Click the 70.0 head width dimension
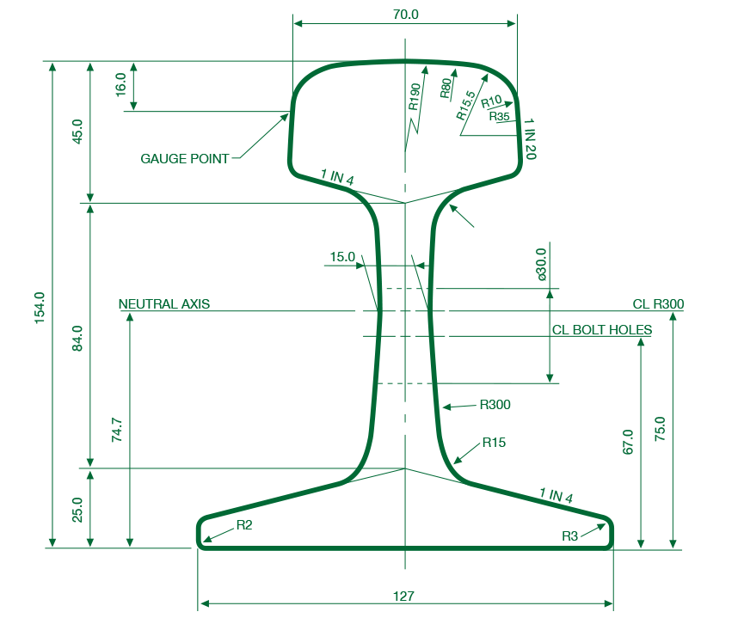(x=406, y=15)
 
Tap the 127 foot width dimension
(x=403, y=596)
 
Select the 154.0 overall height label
(x=40, y=309)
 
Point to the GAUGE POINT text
(x=185, y=158)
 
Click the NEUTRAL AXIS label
(x=164, y=303)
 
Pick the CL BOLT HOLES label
(x=602, y=330)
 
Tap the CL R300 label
(x=658, y=303)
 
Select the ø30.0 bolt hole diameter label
(x=541, y=264)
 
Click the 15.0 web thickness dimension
(x=342, y=257)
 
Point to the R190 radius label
(x=415, y=97)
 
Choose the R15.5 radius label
(x=465, y=106)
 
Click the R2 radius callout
(x=244, y=524)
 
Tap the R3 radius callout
(x=570, y=536)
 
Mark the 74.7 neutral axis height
(x=117, y=430)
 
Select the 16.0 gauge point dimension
(x=120, y=85)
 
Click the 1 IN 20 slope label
(x=530, y=139)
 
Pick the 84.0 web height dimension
(x=77, y=338)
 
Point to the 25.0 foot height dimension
(x=77, y=510)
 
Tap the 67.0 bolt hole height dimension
(x=628, y=442)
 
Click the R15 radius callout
(x=494, y=443)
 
